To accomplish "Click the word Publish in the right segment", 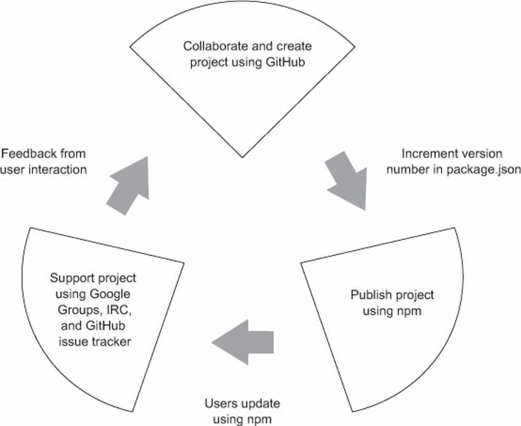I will pyautogui.click(x=367, y=295).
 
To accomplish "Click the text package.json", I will pyautogui.click(x=483, y=169).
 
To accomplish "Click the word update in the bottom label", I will pyautogui.click(x=259, y=404).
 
